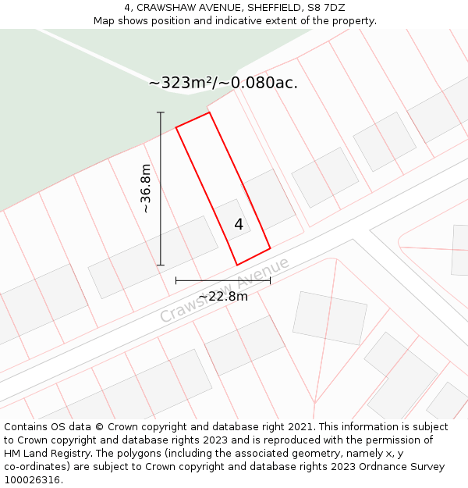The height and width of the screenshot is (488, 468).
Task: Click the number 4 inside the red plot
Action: (x=239, y=225)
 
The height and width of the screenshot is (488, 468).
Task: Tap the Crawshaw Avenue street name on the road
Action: (x=225, y=290)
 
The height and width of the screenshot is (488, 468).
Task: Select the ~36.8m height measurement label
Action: (x=146, y=188)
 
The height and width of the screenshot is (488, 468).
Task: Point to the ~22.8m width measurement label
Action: (x=223, y=297)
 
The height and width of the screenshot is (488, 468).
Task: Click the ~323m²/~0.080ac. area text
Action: (x=223, y=83)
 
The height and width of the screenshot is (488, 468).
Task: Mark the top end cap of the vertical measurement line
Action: (x=161, y=112)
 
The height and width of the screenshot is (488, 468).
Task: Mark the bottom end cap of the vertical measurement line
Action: (x=161, y=265)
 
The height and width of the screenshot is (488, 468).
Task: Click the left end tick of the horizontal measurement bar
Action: (x=176, y=280)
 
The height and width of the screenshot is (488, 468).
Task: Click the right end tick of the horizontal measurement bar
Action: (x=270, y=280)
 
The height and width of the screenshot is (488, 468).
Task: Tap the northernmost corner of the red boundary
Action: (x=209, y=112)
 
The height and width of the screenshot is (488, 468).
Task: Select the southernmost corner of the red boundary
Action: (x=237, y=265)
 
